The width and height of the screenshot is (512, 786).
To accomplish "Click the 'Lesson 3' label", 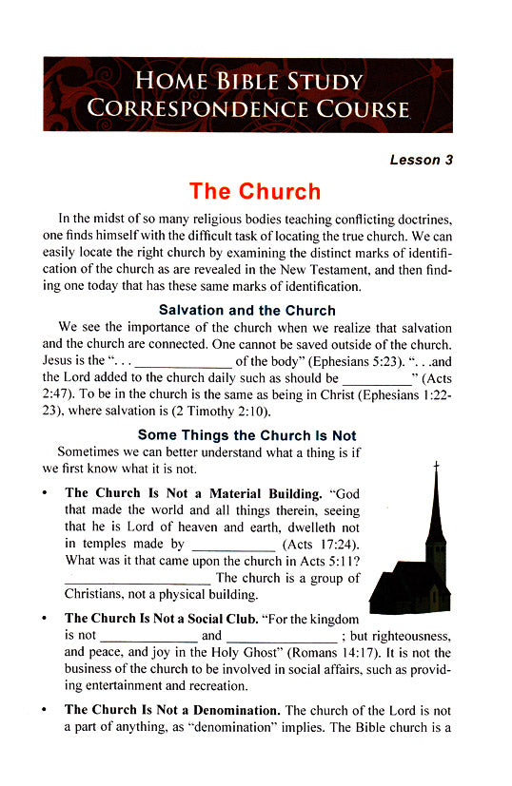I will tap(421, 160).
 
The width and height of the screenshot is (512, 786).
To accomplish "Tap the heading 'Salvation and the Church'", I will tap(246, 310).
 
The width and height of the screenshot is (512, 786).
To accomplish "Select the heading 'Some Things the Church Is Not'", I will tap(246, 435).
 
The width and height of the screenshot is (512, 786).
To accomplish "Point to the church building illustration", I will tap(413, 561).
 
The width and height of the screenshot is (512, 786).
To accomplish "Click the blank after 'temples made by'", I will tap(233, 546).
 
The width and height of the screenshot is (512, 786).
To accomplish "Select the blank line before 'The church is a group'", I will tap(137, 579).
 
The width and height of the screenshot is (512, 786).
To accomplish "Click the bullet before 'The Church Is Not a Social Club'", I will tap(45, 619).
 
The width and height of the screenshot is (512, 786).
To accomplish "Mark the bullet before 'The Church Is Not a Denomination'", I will tap(45, 710).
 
